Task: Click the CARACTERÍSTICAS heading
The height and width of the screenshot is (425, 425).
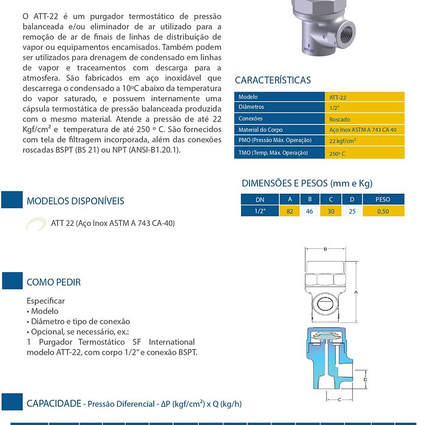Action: [273, 80]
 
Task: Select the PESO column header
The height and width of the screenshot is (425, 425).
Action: [382, 199]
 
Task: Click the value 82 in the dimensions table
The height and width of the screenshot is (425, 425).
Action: [290, 211]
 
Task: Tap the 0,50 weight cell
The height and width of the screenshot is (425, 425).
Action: [382, 211]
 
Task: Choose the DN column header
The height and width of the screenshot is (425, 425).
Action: [260, 199]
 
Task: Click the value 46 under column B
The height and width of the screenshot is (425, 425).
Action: [310, 211]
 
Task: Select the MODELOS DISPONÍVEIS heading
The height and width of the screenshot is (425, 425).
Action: [75, 201]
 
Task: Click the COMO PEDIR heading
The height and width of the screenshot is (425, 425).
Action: [53, 282]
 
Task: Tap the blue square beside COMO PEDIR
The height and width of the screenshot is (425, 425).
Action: [12, 280]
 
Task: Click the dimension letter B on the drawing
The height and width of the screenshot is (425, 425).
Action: [325, 249]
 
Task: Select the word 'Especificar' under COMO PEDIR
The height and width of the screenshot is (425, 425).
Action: [46, 301]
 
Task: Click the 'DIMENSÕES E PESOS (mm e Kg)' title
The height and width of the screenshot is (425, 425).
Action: [307, 183]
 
